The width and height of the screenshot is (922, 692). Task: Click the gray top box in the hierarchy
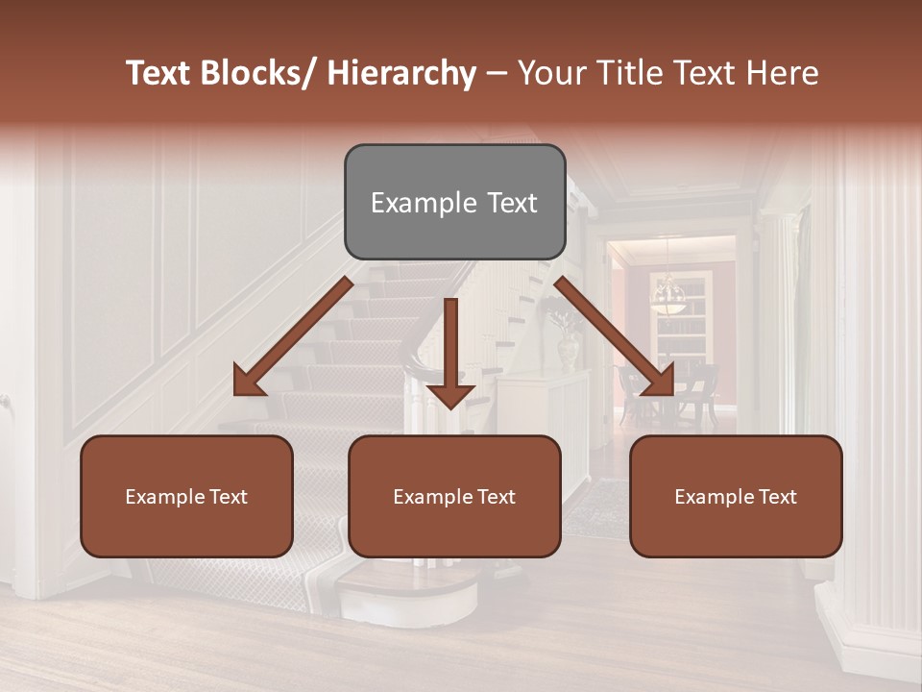[454, 202]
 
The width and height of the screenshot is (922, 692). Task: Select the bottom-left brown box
[186, 496]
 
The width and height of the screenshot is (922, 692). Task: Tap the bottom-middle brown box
[454, 496]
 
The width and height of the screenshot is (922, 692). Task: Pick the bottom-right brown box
[736, 496]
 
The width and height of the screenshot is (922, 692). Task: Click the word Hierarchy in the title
[400, 73]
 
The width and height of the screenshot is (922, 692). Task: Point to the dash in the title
[497, 73]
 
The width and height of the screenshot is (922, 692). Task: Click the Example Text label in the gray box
[454, 203]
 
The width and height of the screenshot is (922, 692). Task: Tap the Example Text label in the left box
[186, 497]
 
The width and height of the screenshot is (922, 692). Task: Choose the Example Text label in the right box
[736, 497]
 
